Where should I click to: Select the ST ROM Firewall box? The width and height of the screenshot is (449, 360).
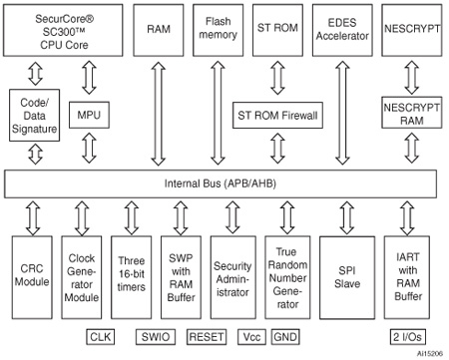(x=276, y=117)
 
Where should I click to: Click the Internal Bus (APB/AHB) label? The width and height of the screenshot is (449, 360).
(x=221, y=183)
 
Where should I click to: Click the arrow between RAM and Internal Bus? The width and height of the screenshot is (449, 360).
(x=157, y=110)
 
